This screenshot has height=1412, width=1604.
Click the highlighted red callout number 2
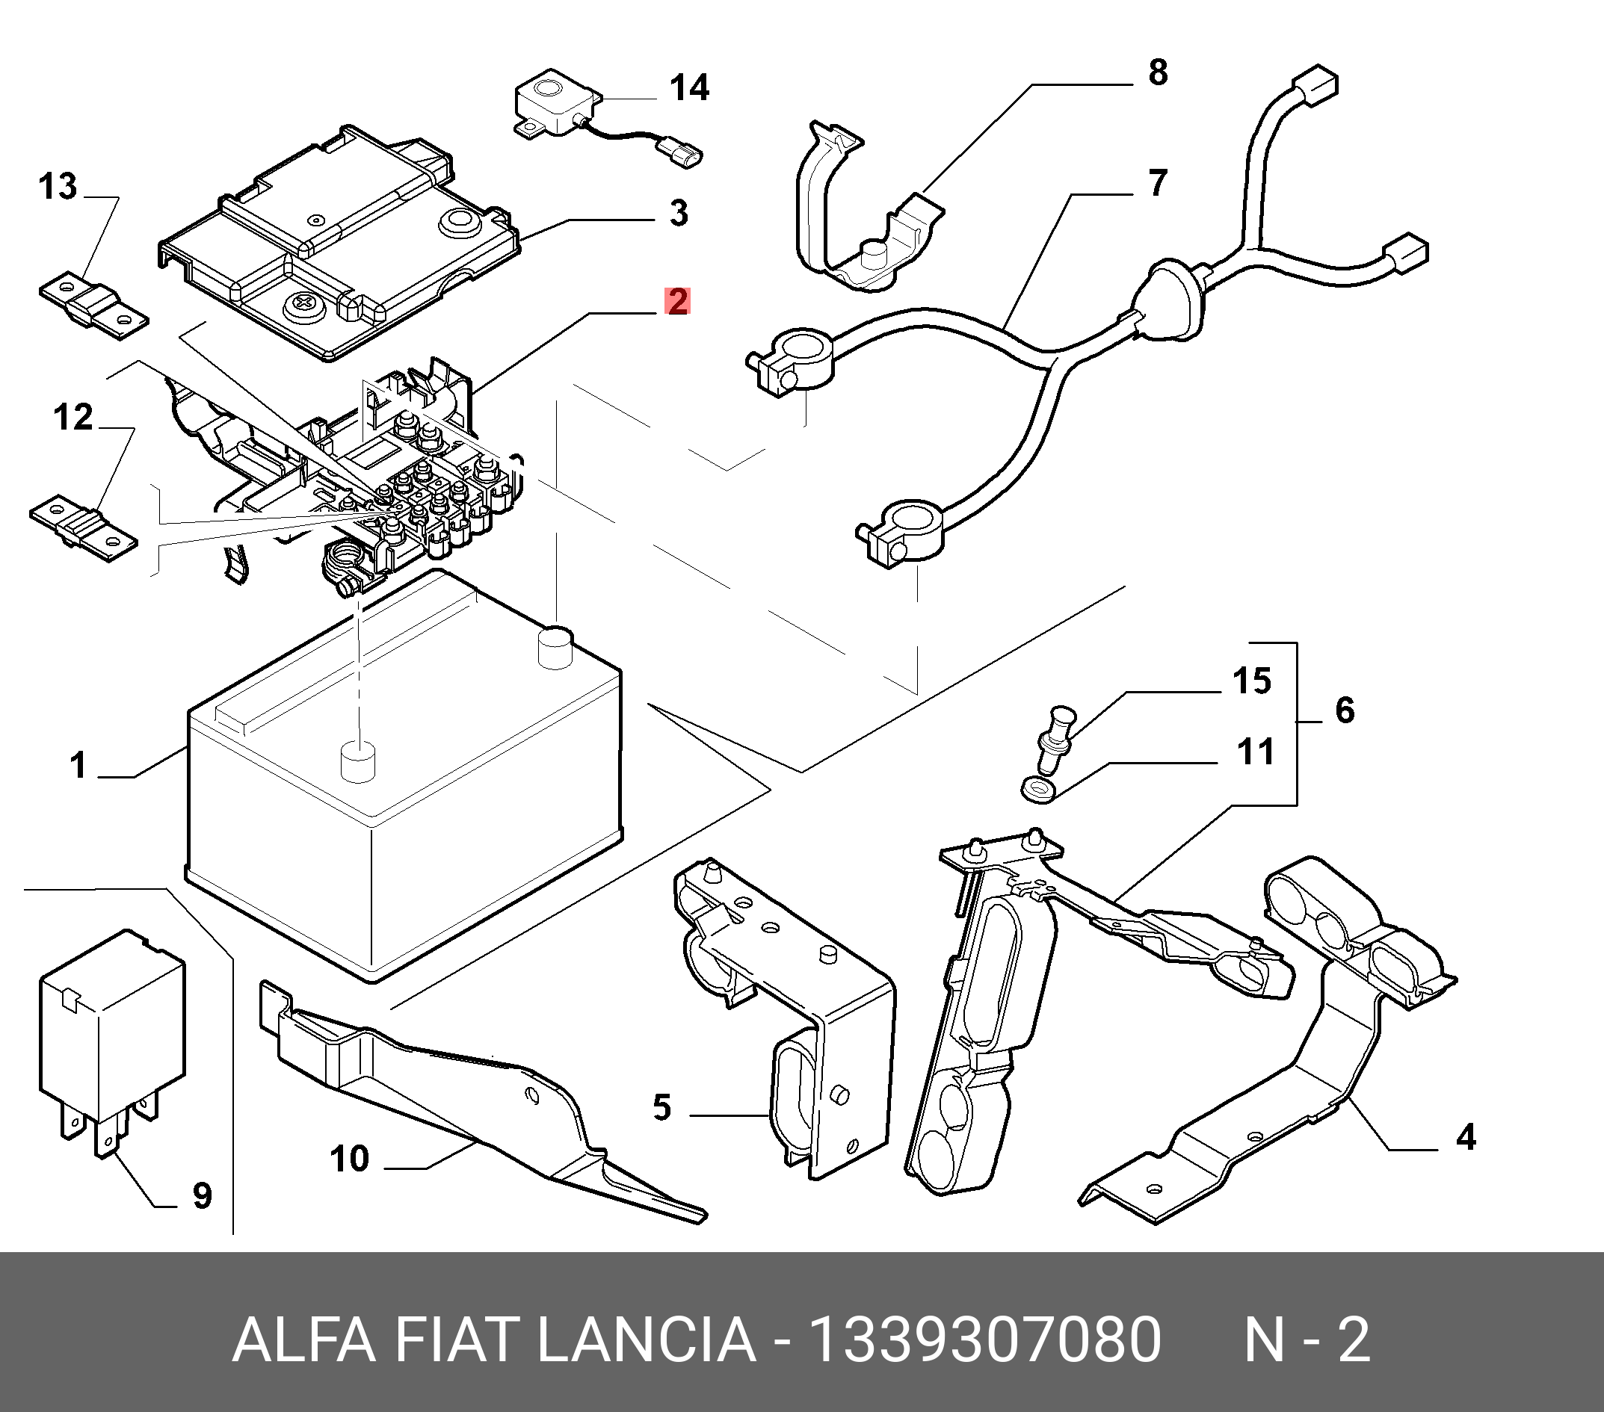click(677, 301)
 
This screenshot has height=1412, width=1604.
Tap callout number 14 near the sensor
click(690, 87)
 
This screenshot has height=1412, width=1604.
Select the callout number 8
click(1159, 72)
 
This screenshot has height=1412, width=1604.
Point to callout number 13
click(58, 187)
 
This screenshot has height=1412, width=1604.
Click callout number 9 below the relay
click(203, 1195)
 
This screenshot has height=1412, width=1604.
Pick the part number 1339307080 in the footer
click(985, 1340)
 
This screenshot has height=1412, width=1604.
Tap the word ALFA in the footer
click(304, 1340)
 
